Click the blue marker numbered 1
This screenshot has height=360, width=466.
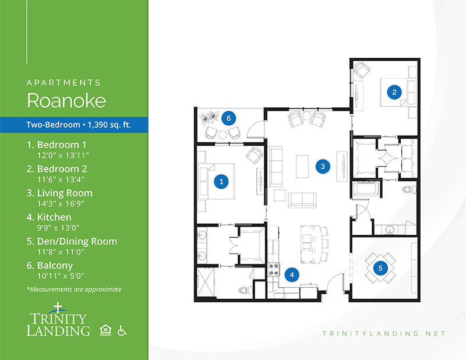pos(221,181)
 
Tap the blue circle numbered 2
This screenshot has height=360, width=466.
pos(394,92)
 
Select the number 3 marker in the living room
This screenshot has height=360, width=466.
pos(323,167)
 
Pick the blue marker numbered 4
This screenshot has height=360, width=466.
pos(292,275)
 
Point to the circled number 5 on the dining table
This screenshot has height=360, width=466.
pos(380,268)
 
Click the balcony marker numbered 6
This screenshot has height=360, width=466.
pos(228,118)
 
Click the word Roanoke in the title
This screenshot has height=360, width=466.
pos(66,100)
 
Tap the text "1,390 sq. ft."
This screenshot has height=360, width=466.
pos(110,125)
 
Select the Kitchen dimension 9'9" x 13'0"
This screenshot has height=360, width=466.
pos(58,228)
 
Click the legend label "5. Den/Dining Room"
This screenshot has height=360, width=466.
pos(72,241)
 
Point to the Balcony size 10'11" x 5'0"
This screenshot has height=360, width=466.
pos(61,276)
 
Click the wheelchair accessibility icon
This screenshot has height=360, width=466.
pos(122,330)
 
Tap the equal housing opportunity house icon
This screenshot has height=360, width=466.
pos(105,330)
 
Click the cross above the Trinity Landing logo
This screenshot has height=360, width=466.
pos(58,308)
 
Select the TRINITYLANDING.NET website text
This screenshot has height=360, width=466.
pos(384,334)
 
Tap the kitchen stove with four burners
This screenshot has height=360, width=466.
pos(274,269)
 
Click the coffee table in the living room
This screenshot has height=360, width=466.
pos(302,166)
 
